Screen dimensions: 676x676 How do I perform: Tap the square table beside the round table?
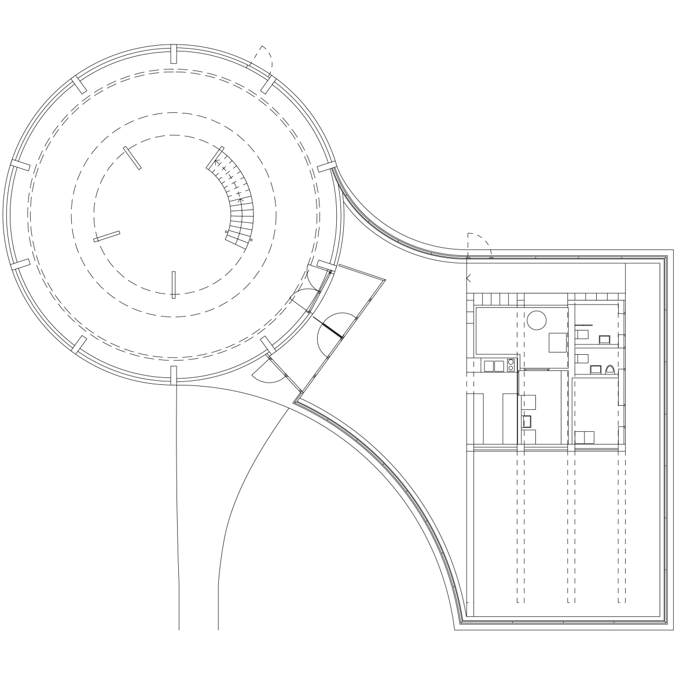(557, 343)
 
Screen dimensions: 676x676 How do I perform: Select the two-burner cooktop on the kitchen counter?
(510, 365)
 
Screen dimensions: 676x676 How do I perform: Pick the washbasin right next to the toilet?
(595, 369)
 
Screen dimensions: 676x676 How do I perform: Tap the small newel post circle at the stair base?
(227, 232)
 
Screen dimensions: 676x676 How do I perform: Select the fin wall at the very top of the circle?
(172, 53)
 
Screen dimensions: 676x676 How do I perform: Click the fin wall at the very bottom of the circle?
(172, 374)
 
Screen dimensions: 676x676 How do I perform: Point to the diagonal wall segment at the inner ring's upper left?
(131, 157)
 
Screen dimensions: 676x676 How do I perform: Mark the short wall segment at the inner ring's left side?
(107, 236)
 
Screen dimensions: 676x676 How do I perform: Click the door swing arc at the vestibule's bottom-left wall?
(267, 376)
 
